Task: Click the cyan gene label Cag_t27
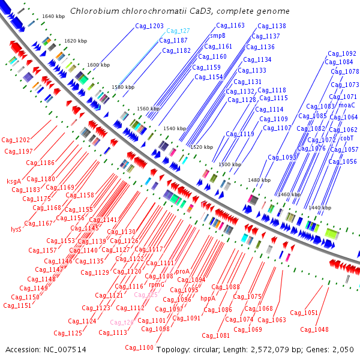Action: (x=178, y=31)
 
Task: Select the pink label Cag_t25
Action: (x=146, y=295)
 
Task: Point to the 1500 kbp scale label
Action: (x=229, y=164)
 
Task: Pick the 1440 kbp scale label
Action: (x=320, y=208)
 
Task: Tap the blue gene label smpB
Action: (x=217, y=36)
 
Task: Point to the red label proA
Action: (x=182, y=271)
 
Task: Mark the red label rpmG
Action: (x=157, y=284)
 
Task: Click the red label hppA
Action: (x=208, y=298)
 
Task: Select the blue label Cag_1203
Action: (x=148, y=26)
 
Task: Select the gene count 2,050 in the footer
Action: (x=344, y=349)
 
